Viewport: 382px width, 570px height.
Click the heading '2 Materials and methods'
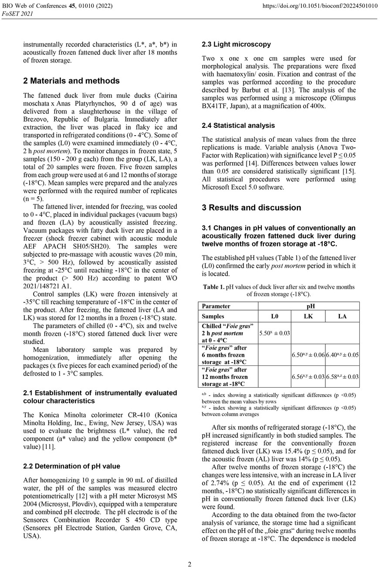[71, 81]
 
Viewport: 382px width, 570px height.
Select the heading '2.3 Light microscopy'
[236, 44]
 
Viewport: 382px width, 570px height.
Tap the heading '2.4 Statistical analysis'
[238, 126]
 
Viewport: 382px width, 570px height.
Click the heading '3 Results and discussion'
[251, 208]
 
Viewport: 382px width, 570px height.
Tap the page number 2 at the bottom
[189, 565]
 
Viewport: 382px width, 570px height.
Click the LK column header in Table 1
[308, 316]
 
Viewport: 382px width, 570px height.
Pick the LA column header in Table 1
[342, 316]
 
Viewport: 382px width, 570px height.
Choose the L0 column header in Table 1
[274, 316]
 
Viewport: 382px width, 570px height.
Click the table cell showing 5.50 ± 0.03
[274, 333]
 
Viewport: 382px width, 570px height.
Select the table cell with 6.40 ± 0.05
[342, 355]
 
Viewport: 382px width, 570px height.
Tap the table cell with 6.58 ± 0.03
[342, 376]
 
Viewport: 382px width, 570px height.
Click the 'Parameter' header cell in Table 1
[216, 306]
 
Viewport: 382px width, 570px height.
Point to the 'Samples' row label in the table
[213, 316]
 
